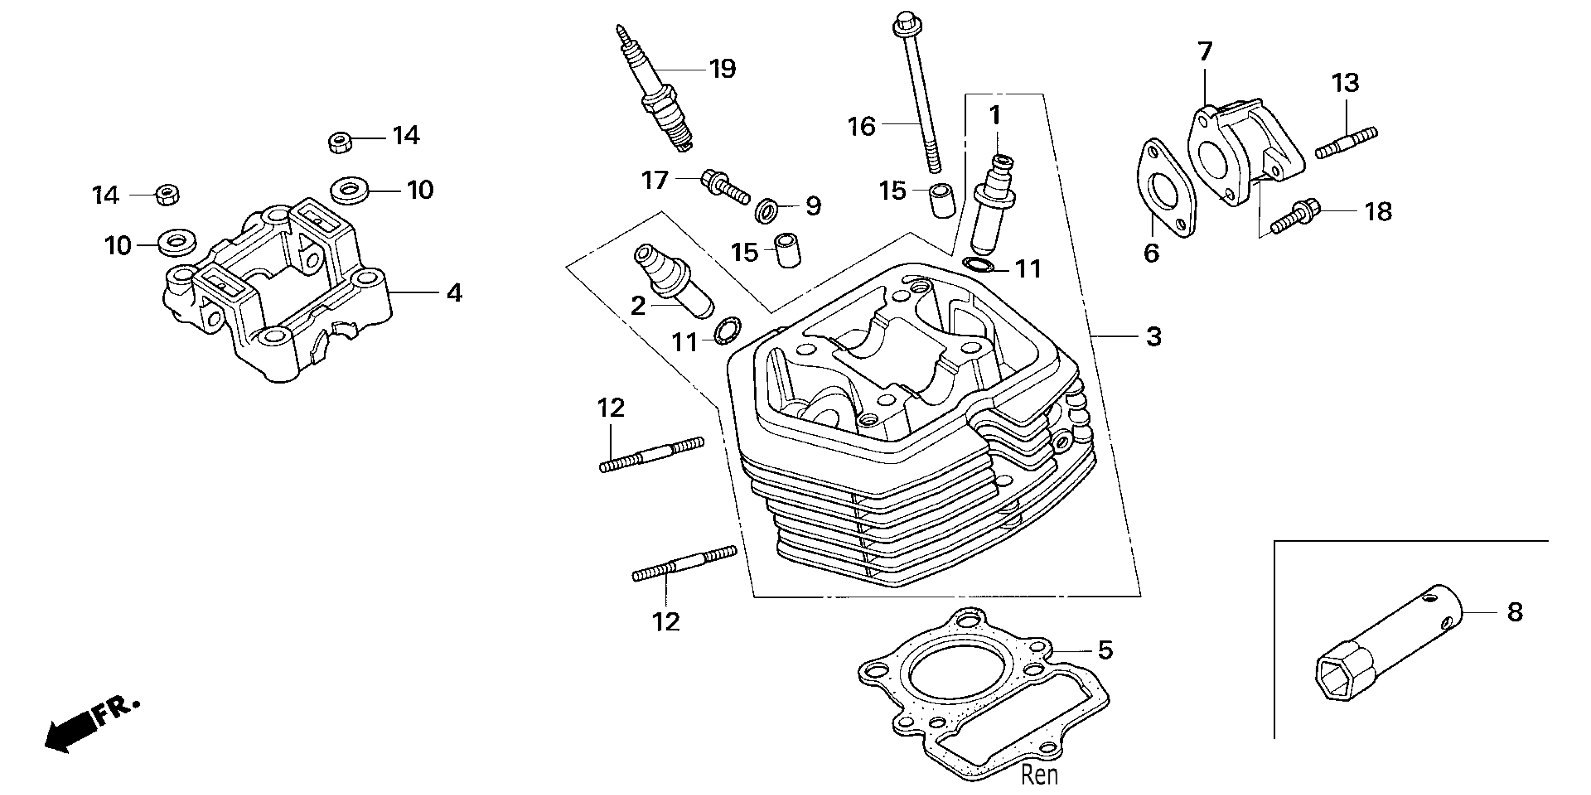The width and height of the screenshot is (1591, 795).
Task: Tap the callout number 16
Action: pyautogui.click(x=861, y=127)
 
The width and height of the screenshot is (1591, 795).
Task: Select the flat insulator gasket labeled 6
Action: pyautogui.click(x=1166, y=189)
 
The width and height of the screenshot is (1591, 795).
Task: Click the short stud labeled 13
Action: pyautogui.click(x=1346, y=142)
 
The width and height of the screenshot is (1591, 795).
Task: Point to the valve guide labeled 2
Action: pyautogui.click(x=673, y=281)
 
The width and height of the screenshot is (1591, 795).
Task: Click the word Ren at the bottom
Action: pyautogui.click(x=1039, y=774)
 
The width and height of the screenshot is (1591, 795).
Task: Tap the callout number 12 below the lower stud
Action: pyautogui.click(x=666, y=622)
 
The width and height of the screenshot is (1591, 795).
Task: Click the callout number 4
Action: pyautogui.click(x=454, y=292)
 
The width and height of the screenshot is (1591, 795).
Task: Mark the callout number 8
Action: pyautogui.click(x=1515, y=612)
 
